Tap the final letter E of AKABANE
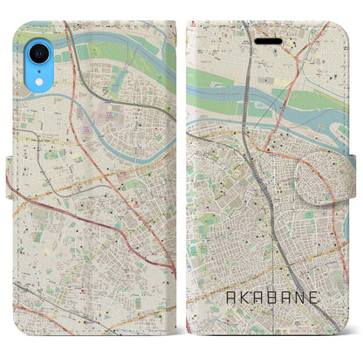(319, 321)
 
